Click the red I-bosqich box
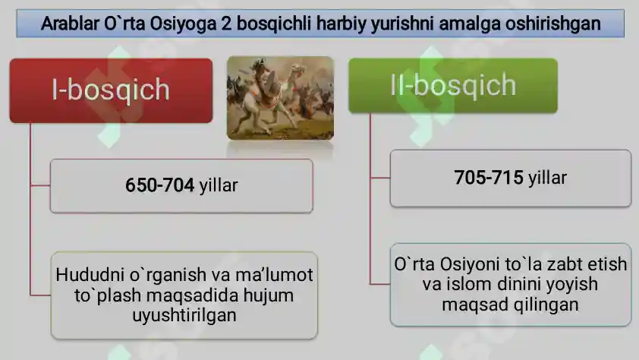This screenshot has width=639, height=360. pyautogui.click(x=110, y=90)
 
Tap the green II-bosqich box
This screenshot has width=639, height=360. pyautogui.click(x=452, y=86)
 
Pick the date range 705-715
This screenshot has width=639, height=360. pyautogui.click(x=489, y=178)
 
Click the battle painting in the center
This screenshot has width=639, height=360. pyautogui.click(x=281, y=97)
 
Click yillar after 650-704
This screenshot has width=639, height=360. pyautogui.click(x=219, y=185)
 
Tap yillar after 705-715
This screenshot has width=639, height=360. pyautogui.click(x=547, y=178)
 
